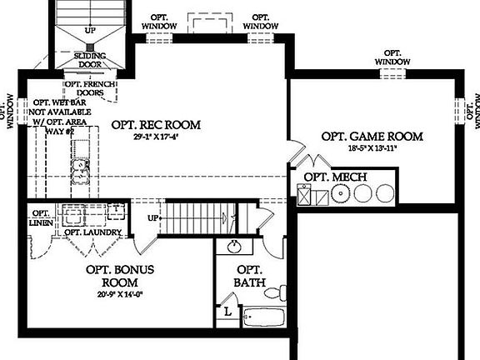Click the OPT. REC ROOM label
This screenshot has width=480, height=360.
coord(156,125)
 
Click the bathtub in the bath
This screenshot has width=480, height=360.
coord(263,317)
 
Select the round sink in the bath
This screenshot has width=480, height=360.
coord(235,247)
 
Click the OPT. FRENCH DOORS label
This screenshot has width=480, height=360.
coord(89,88)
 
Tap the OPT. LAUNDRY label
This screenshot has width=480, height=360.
coord(93,232)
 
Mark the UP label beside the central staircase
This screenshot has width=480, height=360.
coord(152,218)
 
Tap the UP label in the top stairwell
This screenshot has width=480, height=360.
coord(89,31)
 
